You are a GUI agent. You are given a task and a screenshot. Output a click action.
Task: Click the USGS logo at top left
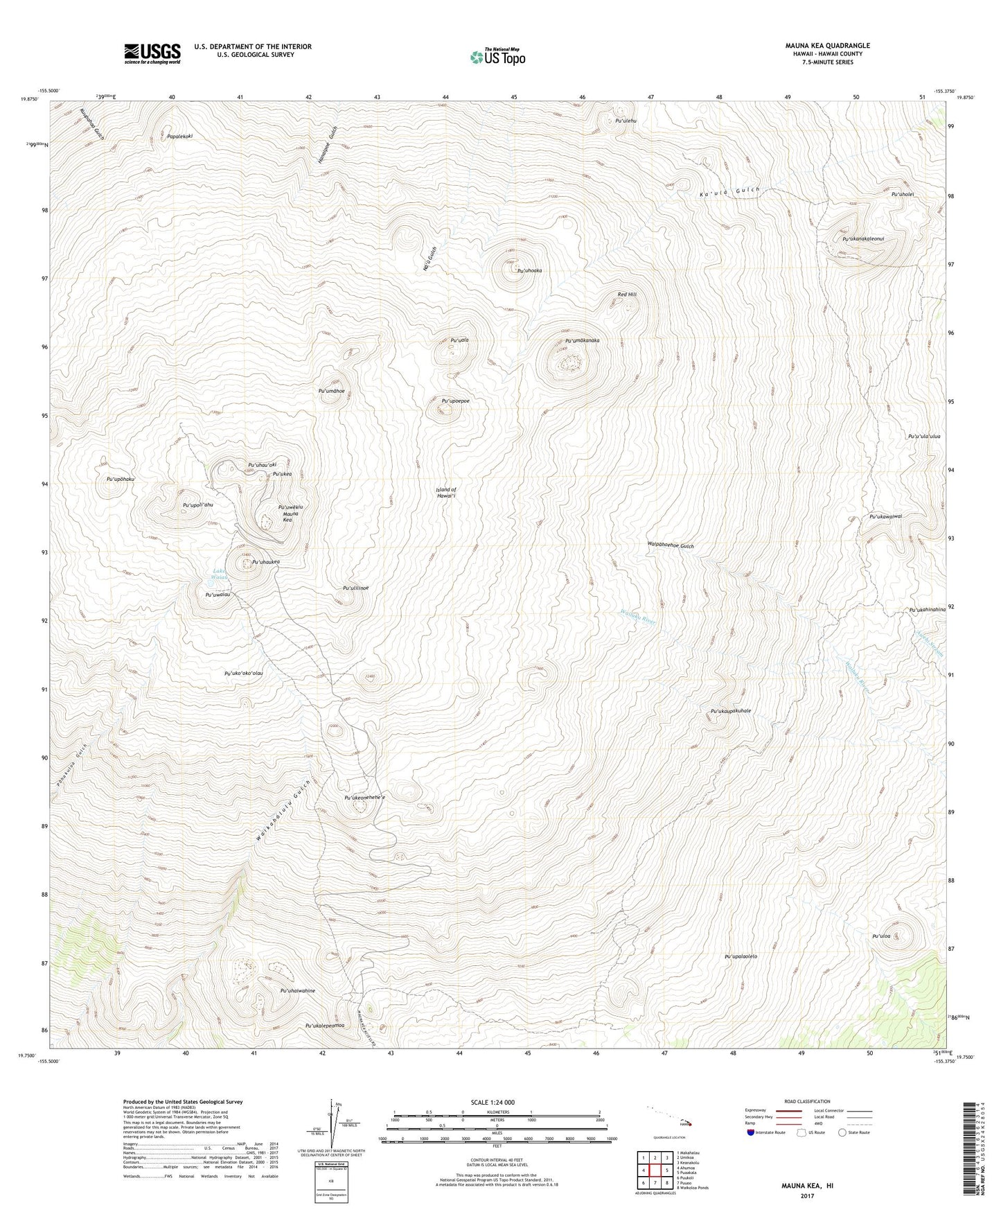[152, 53]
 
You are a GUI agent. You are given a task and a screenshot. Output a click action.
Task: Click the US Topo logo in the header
[497, 57]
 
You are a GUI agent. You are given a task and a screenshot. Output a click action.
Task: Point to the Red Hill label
[627, 295]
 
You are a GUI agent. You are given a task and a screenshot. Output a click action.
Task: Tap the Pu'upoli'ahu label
[197, 505]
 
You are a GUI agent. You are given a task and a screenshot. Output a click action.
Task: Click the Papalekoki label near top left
[179, 137]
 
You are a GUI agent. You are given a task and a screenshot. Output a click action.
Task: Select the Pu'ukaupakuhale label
[730, 711]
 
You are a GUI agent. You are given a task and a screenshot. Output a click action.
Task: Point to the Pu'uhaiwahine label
[297, 991]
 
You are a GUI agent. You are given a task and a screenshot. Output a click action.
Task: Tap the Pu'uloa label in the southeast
[880, 936]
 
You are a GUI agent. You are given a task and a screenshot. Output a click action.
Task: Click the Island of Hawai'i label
[445, 493]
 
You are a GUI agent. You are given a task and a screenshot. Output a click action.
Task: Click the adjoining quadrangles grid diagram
[655, 1170]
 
